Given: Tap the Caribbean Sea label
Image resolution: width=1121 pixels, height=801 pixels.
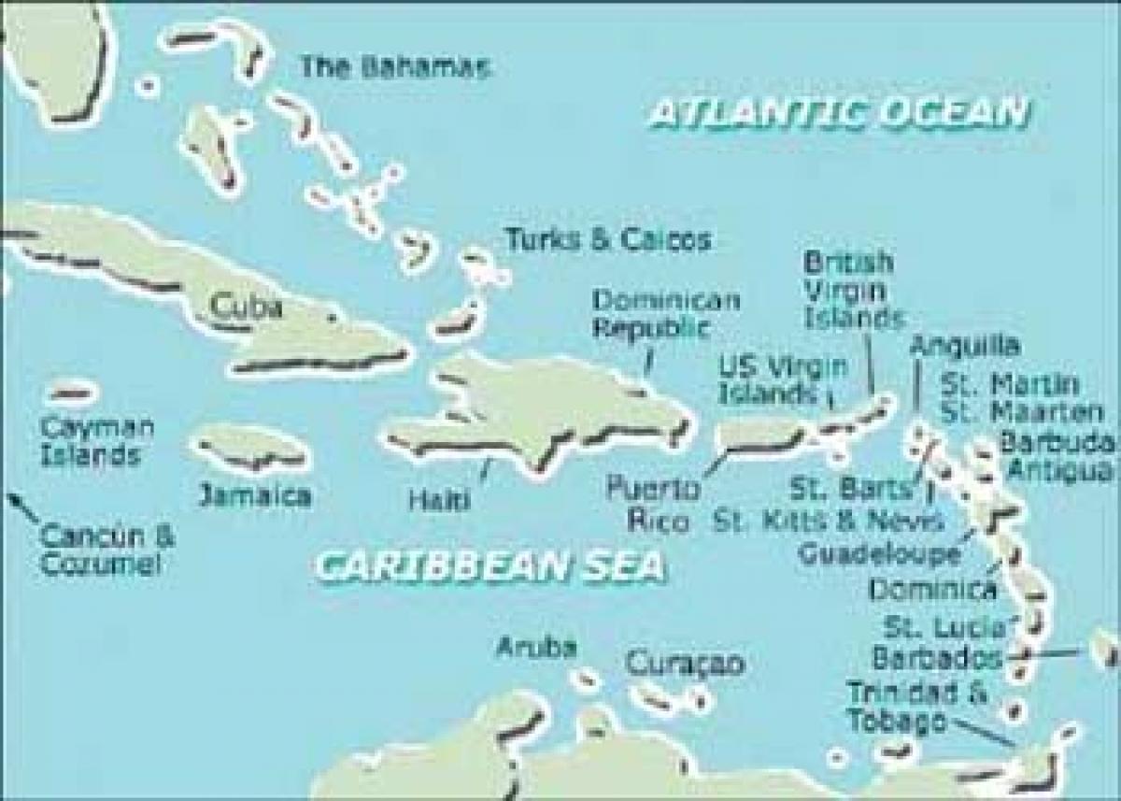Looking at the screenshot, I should [x=490, y=565].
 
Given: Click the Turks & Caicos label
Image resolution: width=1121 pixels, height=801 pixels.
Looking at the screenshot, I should [x=607, y=239].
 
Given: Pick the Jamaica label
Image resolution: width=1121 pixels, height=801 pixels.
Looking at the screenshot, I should [x=254, y=494].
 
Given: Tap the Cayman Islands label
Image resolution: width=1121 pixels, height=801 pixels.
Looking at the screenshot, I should [x=97, y=442].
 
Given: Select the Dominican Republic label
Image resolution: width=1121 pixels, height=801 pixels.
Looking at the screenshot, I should [x=666, y=314].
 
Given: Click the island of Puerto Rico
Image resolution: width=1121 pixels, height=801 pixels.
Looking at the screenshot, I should [x=759, y=436].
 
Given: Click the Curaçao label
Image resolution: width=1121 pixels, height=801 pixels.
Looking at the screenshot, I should [x=685, y=664].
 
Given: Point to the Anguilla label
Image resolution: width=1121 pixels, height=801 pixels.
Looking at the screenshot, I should [x=963, y=346].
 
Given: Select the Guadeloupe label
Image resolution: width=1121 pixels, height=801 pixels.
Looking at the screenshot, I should [x=878, y=553].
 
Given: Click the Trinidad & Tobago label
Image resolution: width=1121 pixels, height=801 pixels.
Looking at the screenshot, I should [x=903, y=706].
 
